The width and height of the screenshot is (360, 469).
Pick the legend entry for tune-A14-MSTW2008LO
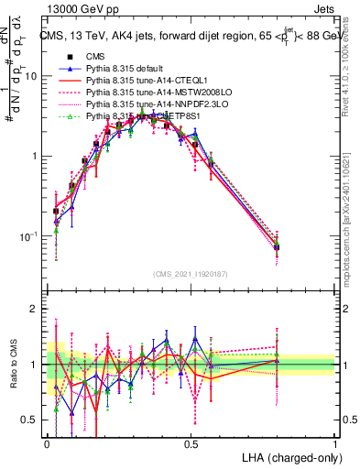147,93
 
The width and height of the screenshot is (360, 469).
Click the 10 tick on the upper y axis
32,76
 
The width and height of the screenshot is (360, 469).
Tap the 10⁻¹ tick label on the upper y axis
28,236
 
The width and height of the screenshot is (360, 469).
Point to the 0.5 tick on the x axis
191,442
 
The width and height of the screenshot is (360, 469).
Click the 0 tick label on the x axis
47,442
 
